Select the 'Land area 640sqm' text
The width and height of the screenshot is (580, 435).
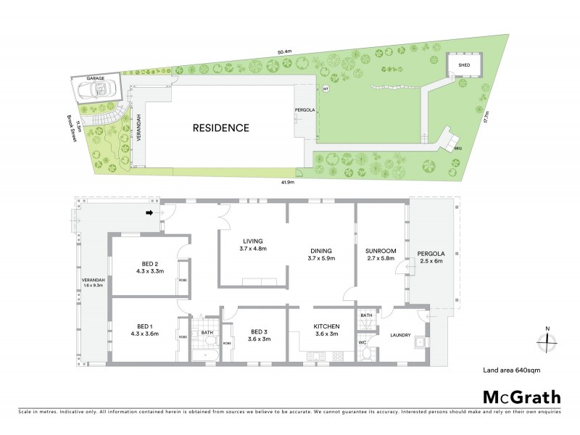[512, 370]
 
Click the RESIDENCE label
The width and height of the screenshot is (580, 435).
[220, 128]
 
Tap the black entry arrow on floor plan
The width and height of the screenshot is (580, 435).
[150, 213]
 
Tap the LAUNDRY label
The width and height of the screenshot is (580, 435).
[400, 336]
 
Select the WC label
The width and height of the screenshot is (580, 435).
[362, 341]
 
